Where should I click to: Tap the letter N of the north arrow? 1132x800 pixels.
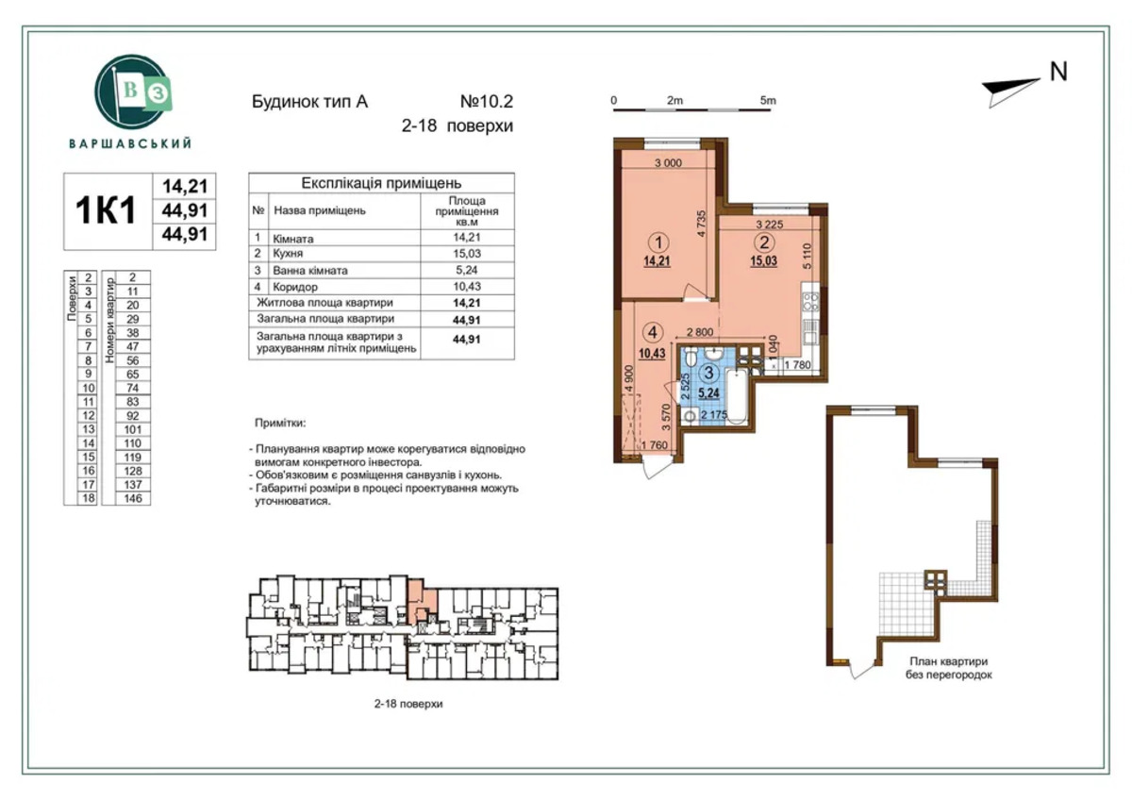tap(1058, 72)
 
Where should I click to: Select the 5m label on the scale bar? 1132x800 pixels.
tap(768, 101)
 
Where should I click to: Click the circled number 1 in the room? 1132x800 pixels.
tap(658, 243)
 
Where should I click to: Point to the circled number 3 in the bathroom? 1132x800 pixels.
tap(708, 373)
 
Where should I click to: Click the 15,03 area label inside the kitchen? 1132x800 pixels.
tap(763, 261)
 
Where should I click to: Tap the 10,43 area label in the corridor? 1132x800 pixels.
tap(652, 353)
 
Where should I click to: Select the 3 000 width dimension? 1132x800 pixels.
tap(668, 162)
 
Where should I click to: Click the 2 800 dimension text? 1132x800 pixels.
tap(700, 332)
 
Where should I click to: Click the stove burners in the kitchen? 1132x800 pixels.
tap(810, 301)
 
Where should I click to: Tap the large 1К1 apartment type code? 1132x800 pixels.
tap(106, 210)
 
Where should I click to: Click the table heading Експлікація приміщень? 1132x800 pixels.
tap(381, 182)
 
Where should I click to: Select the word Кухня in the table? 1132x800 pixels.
tap(288, 253)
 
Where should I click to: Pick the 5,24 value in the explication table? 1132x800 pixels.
tap(466, 270)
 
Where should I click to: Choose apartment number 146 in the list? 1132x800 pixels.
tap(132, 498)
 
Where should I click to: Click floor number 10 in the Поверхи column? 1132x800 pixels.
tap(89, 388)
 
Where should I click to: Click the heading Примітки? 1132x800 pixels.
tap(280, 423)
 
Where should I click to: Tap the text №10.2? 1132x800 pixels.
tap(486, 102)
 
